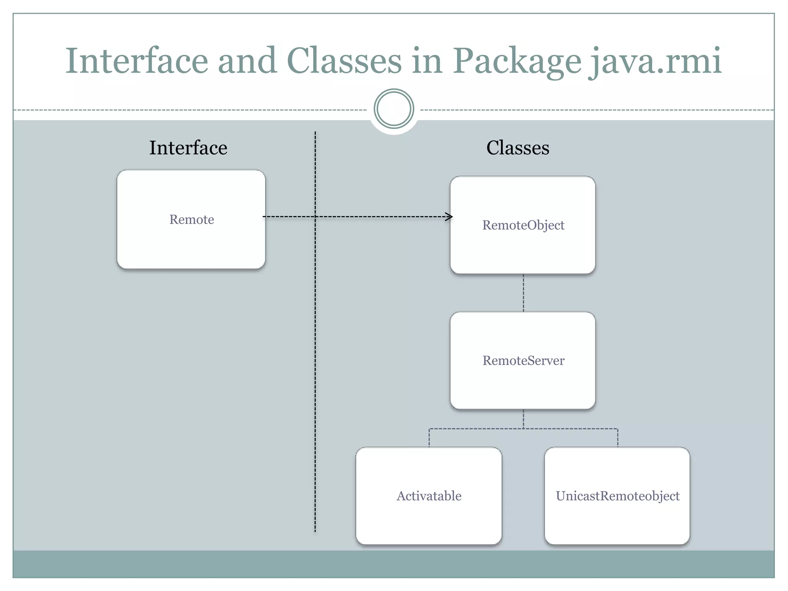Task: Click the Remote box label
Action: (x=192, y=219)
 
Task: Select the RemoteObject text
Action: (x=523, y=225)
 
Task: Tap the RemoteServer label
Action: (x=523, y=361)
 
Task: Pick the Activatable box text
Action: (x=429, y=496)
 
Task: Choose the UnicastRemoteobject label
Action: (x=618, y=496)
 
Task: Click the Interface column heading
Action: (x=188, y=148)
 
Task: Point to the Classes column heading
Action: (x=518, y=148)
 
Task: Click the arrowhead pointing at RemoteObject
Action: (x=449, y=217)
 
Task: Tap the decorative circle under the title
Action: (x=394, y=109)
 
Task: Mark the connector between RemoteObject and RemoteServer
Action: (x=523, y=293)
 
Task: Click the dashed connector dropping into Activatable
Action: (x=429, y=438)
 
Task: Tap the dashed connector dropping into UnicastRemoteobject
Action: (x=618, y=438)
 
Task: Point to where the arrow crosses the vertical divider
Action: (x=315, y=217)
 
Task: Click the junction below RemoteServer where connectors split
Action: (x=523, y=429)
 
